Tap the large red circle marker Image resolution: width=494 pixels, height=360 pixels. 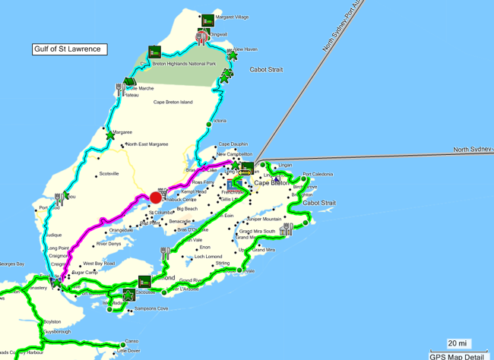(x=156, y=197)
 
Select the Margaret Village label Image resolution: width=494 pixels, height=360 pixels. (x=232, y=17)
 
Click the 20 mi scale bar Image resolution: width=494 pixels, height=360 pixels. (x=457, y=344)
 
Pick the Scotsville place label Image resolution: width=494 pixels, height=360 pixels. (x=109, y=174)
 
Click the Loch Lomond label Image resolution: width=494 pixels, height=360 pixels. (x=207, y=257)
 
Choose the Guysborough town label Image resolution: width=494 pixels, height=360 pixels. (x=56, y=331)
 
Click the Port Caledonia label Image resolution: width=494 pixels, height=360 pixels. (x=318, y=174)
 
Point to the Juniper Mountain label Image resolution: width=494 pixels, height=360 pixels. (x=263, y=219)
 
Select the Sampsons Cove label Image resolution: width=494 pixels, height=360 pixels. (x=151, y=309)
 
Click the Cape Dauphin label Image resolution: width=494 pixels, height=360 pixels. (x=233, y=144)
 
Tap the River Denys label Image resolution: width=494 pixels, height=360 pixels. (x=109, y=244)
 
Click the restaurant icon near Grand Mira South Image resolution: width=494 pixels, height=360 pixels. (x=287, y=229)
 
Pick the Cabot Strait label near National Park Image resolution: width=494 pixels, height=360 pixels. (x=266, y=70)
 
